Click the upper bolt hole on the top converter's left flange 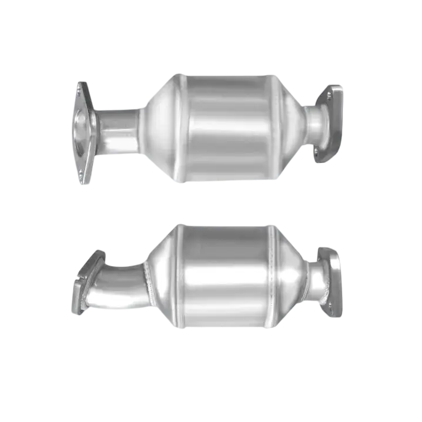(x=79, y=89)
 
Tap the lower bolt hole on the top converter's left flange (x=81, y=173)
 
